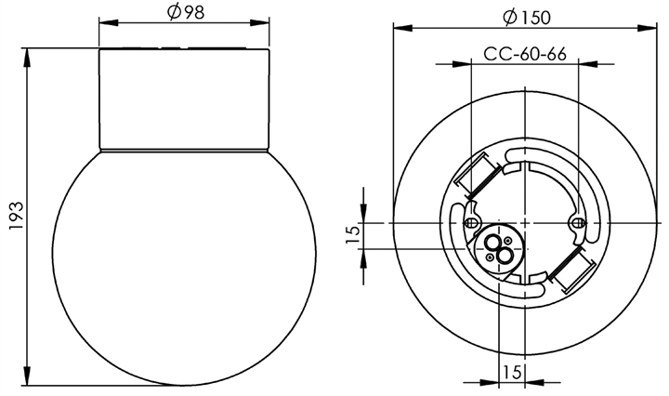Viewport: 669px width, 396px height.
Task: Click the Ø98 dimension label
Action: click(186, 12)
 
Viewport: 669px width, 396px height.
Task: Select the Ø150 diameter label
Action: click(527, 17)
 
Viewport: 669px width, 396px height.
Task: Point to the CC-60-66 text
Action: click(525, 54)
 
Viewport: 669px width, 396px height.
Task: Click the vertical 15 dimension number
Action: click(353, 234)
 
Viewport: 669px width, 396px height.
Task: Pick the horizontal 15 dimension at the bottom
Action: click(512, 372)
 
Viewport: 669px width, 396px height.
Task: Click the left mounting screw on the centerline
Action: click(470, 223)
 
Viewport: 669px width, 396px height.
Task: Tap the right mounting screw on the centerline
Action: click(577, 223)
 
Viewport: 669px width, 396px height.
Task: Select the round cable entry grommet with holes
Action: click(499, 249)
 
